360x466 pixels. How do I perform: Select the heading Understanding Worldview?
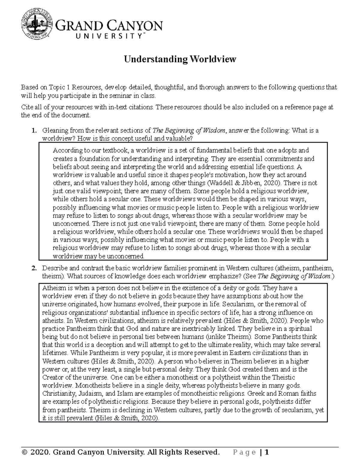tap(180, 59)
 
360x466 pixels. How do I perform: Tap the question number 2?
tap(34, 268)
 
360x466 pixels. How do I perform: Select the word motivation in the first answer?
tap(225, 175)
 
